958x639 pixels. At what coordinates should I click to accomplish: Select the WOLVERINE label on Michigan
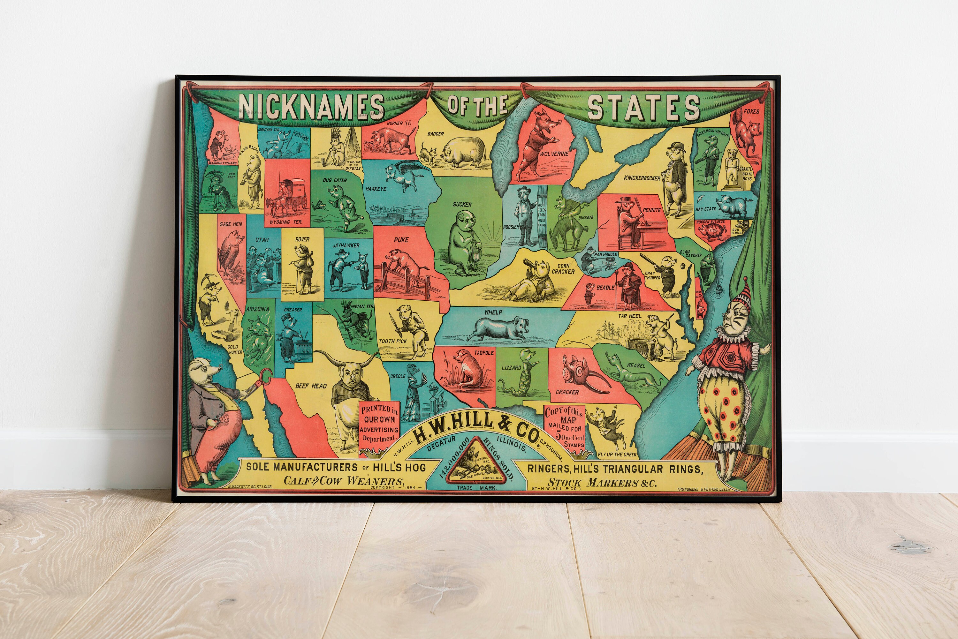554,154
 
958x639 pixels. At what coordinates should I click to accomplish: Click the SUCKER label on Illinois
462,204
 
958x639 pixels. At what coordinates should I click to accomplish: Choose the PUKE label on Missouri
401,240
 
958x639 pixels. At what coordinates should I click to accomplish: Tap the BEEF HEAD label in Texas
311,386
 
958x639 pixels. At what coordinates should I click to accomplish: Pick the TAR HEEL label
629,316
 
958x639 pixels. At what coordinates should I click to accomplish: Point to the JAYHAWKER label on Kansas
346,245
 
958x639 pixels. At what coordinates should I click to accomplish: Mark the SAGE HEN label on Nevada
231,224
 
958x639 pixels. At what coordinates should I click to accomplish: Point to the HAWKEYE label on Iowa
376,189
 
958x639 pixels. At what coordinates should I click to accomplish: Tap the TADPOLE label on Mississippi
484,352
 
